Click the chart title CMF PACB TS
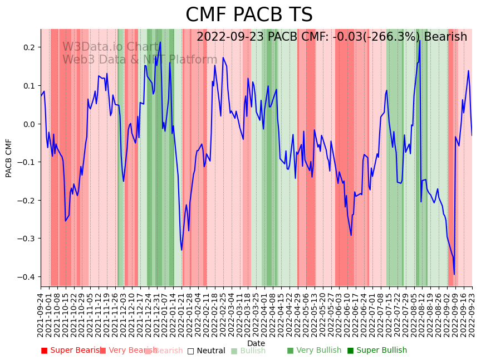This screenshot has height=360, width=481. tap(249, 15)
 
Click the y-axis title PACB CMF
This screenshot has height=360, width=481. tap(9, 158)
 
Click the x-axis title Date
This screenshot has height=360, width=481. tap(256, 343)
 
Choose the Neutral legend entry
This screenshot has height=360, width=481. tap(207, 351)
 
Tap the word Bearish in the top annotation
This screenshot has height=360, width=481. tap(445, 37)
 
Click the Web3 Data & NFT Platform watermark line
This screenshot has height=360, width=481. tap(140, 60)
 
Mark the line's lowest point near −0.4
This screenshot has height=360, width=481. tap(454, 274)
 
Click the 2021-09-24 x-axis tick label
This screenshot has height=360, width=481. tap(41, 315)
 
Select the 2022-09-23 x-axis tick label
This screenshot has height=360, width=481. tap(473, 315)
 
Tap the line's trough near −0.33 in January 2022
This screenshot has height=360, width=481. tap(181, 250)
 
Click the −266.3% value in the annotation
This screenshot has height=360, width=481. tap(392, 37)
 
